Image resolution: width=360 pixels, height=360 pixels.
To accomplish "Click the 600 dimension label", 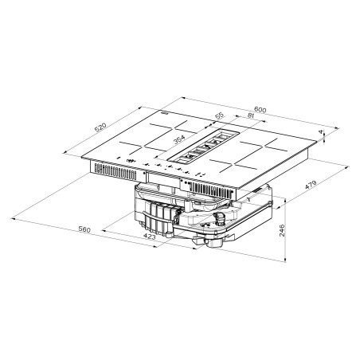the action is pyautogui.click(x=260, y=109).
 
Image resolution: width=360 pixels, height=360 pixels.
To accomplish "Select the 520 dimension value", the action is pyautogui.click(x=100, y=127).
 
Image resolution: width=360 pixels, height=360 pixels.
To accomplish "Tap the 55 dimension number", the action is pyautogui.click(x=220, y=115).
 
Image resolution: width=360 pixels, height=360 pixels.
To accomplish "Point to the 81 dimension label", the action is pyautogui.click(x=250, y=115).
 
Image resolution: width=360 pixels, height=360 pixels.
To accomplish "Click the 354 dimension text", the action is pyautogui.click(x=179, y=139).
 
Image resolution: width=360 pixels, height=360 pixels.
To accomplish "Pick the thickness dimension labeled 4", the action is pyautogui.click(x=321, y=131).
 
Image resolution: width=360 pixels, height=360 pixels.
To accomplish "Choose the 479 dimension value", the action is pyautogui.click(x=311, y=185).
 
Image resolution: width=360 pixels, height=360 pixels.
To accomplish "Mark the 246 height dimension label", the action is pyautogui.click(x=282, y=230).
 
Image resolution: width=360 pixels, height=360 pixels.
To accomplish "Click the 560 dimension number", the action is pyautogui.click(x=84, y=229).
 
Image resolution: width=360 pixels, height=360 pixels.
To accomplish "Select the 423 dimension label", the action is pyautogui.click(x=149, y=237).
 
